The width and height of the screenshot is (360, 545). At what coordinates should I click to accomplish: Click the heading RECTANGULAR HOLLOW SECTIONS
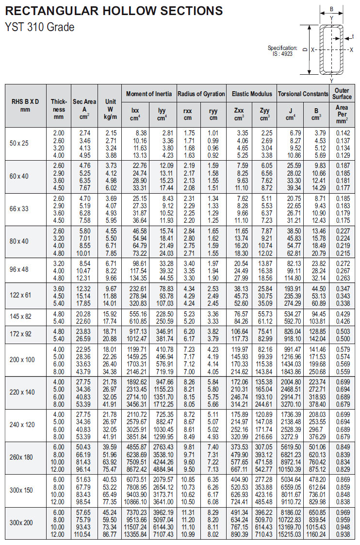[114, 11]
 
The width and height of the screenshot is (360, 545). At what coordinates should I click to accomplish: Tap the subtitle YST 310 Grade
[40, 27]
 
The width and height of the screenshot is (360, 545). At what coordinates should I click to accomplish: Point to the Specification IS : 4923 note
[282, 51]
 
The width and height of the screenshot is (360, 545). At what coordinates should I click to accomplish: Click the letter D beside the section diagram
[304, 50]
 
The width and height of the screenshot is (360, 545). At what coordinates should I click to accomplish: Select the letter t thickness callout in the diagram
[353, 36]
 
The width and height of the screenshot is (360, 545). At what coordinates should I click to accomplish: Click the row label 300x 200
[21, 523]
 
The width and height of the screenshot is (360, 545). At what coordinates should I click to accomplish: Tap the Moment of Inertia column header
[149, 94]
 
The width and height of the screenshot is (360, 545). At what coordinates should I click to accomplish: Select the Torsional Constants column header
[303, 94]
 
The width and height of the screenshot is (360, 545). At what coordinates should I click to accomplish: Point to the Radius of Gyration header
[201, 94]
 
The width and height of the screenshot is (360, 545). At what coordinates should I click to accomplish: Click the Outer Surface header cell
[342, 94]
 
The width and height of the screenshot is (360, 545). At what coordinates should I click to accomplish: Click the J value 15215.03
[290, 534]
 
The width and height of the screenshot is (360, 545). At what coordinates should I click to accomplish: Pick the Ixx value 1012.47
[137, 338]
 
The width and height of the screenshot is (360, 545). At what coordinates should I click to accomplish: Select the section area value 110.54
[84, 534]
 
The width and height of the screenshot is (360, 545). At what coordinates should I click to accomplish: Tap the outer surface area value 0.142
[342, 133]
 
